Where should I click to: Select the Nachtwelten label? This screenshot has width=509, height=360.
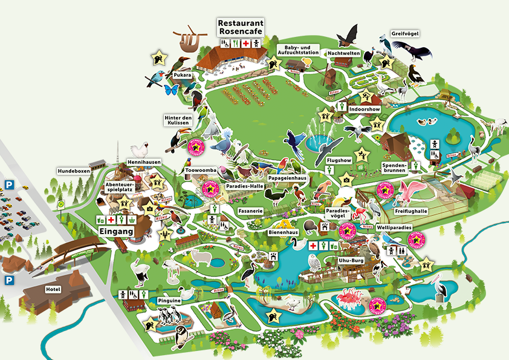coord(344,53)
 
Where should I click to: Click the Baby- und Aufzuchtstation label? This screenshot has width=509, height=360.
coord(297,50)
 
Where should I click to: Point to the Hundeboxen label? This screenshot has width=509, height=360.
coord(73,171)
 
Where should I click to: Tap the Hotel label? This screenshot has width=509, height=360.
coord(53,289)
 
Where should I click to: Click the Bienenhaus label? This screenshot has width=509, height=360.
coord(281,232)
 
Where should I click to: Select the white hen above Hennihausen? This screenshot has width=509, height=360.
coord(140,150)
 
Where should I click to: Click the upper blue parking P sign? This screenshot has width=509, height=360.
coord(9,183)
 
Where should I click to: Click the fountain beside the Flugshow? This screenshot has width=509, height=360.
coord(319,138)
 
